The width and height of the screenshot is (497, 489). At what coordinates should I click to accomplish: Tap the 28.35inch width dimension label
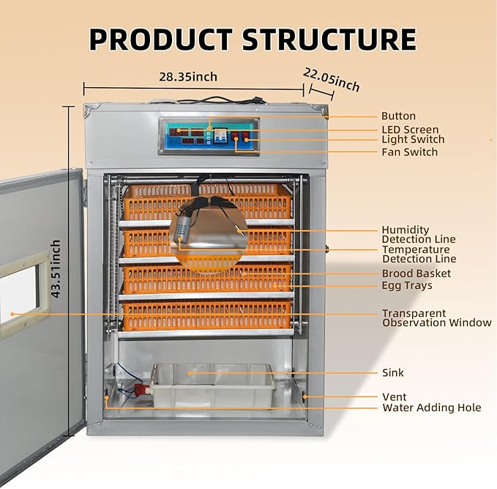[188, 77]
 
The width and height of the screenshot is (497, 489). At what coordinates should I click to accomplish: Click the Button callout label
[398, 116]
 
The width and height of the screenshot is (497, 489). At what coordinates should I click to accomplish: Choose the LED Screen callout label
[410, 130]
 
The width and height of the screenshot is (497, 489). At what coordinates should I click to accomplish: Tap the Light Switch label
[413, 139]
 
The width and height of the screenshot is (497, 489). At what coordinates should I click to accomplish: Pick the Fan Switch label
[409, 152]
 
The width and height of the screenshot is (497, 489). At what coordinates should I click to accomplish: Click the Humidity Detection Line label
[418, 235]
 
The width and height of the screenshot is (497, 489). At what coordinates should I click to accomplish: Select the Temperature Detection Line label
[419, 254]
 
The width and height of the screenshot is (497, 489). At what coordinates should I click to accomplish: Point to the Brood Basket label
[416, 273]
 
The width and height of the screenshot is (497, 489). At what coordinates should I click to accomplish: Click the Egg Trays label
[407, 285]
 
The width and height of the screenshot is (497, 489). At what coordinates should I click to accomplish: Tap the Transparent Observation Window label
[436, 318]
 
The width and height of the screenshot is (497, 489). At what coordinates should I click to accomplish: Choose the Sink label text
[392, 372]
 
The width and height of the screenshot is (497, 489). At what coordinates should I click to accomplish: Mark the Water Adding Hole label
[431, 408]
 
